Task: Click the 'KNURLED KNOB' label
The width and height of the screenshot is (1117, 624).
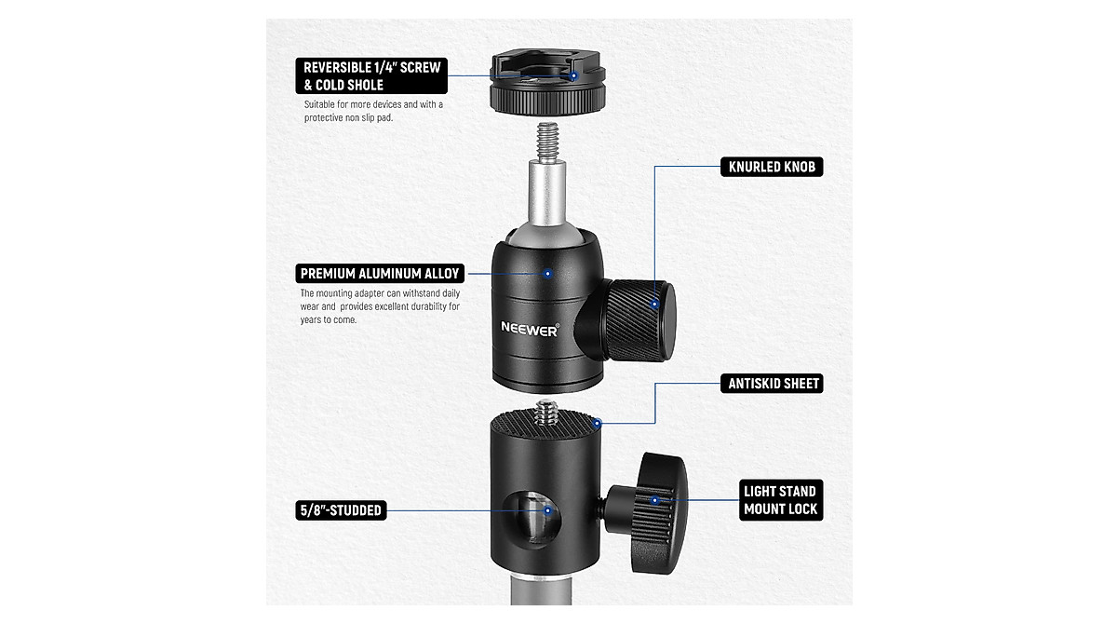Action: point(771,168)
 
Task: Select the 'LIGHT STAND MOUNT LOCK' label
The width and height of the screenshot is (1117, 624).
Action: point(779,500)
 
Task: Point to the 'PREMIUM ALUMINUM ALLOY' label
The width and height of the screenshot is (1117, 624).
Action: point(380,274)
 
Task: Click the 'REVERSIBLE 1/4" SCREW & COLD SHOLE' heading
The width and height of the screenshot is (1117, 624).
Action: point(371,75)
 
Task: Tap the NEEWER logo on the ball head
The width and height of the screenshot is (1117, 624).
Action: point(530,328)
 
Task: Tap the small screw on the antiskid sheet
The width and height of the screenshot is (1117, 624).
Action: point(546,411)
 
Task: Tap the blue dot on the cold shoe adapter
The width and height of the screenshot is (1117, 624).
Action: point(574,75)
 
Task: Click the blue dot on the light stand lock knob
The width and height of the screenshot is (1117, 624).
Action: point(656,500)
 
